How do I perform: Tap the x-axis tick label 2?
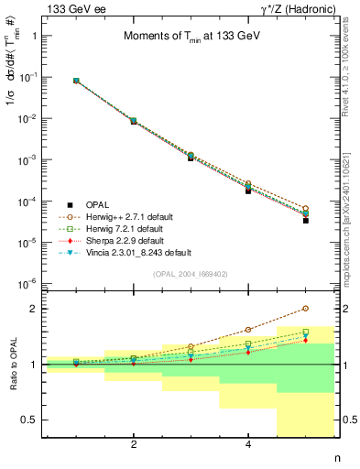134,444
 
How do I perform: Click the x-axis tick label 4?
248,444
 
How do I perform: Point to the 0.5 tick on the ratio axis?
34,420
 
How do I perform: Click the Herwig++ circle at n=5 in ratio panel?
306,309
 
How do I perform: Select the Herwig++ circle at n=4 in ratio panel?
248,330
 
